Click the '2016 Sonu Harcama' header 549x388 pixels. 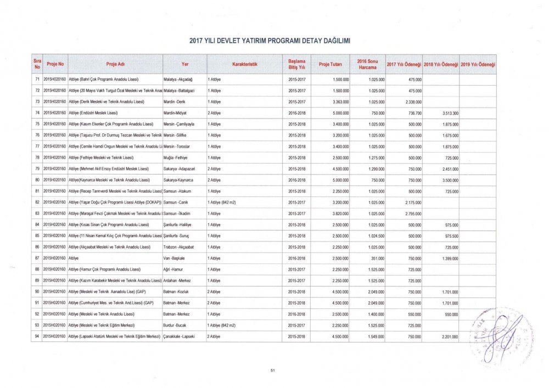coord(366,64)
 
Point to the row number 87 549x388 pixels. coord(36,257)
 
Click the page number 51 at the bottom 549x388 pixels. coord(272,372)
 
